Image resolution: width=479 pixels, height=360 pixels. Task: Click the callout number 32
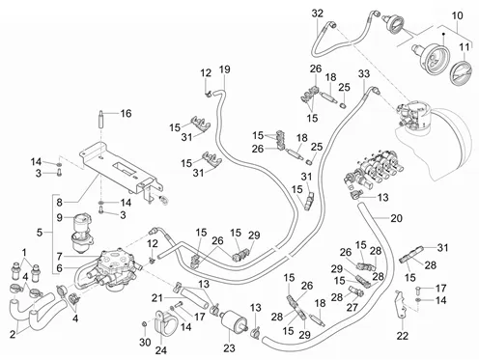coord(317,14)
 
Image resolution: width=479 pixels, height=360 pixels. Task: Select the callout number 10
coord(457,15)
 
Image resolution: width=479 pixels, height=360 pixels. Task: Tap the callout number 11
coord(464,47)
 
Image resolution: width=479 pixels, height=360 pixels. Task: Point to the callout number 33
coord(364,73)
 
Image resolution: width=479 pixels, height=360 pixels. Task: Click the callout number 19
coord(225,69)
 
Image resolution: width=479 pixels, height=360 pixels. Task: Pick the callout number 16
coord(126,113)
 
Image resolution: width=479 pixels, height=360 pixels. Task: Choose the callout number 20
coord(396,218)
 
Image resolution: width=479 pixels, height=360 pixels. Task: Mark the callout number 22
coord(403,336)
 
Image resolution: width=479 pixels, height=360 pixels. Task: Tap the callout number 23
coord(229,347)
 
